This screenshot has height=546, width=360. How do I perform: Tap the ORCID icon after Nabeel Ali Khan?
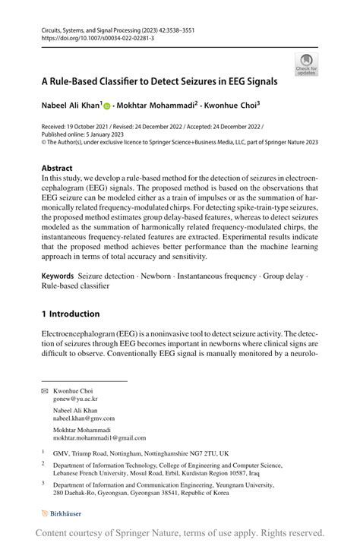pos(107,106)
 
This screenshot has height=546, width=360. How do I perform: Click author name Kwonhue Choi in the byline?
pos(232,106)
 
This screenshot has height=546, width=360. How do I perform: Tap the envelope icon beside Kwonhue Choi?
pos(45,390)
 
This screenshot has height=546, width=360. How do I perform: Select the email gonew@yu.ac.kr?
pos(75,398)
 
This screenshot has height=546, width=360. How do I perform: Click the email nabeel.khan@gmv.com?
pos(84,418)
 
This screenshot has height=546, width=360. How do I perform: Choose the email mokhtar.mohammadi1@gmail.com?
pos(99,438)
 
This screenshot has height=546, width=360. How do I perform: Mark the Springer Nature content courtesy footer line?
pos(180,533)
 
